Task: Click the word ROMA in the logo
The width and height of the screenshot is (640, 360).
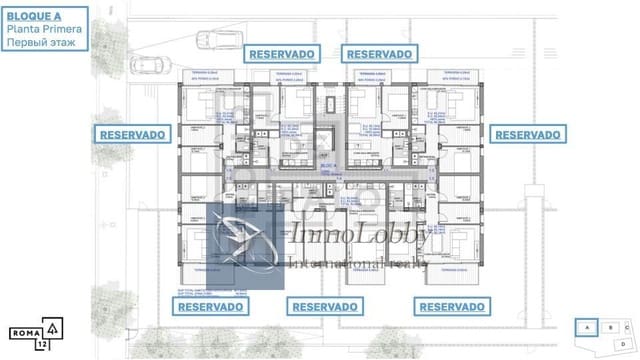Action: coord(25,330)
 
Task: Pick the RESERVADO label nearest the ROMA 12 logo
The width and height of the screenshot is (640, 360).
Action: coord(211,307)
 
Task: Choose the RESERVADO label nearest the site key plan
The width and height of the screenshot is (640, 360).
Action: coord(453,307)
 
